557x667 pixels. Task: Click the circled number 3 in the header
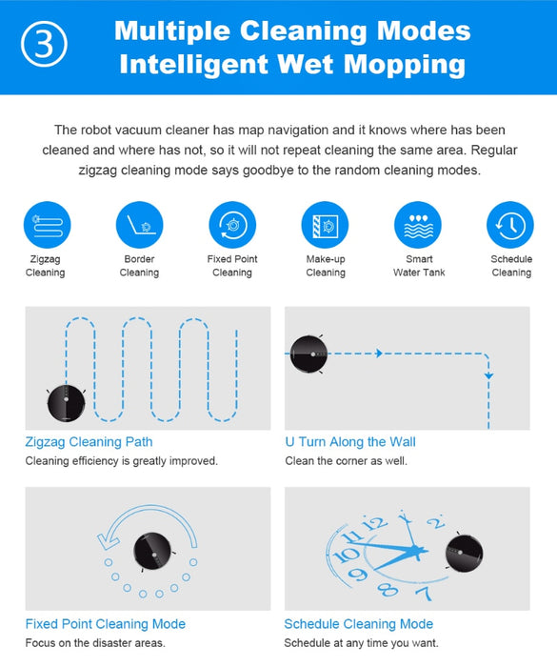(44, 44)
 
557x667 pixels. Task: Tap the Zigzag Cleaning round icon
(48, 225)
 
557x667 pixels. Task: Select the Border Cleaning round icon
(139, 225)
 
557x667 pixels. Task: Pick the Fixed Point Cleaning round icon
(232, 225)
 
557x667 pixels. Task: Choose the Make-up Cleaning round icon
(325, 225)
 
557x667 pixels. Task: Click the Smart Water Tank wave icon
(418, 225)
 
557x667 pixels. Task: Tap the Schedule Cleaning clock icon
(510, 225)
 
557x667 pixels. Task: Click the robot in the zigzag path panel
(66, 403)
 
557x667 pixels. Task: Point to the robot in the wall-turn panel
(308, 354)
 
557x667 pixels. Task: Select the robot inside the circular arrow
(152, 552)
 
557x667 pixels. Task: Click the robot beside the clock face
(464, 553)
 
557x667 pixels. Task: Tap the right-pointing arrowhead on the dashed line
(379, 354)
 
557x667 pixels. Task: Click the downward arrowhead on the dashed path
(488, 376)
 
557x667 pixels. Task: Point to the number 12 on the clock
(374, 523)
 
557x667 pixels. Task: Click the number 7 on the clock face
(424, 593)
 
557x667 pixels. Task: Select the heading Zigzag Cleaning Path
(89, 442)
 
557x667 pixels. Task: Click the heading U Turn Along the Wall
(350, 442)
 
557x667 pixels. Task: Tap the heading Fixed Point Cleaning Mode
(106, 624)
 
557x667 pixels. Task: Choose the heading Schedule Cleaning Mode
(359, 624)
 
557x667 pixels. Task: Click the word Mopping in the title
(405, 65)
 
